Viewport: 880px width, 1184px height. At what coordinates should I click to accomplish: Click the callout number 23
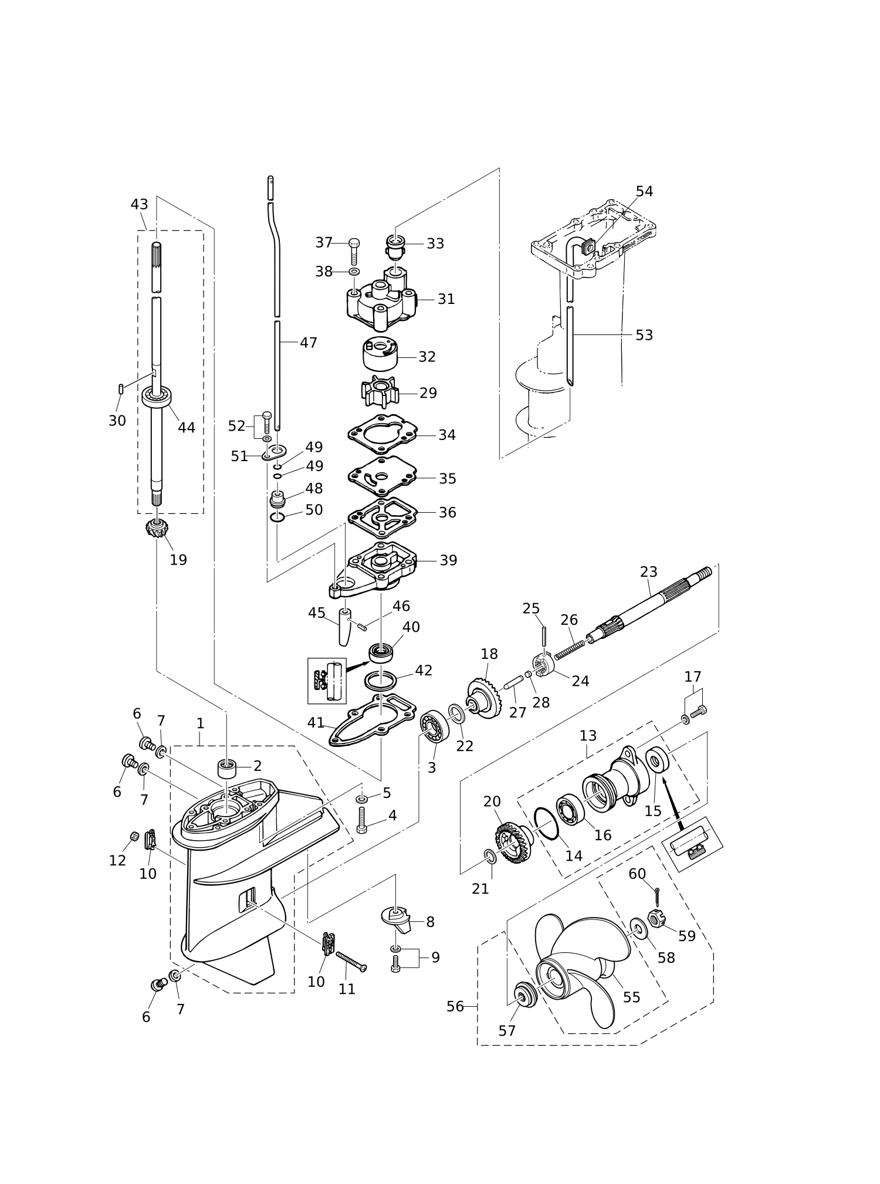pyautogui.click(x=648, y=571)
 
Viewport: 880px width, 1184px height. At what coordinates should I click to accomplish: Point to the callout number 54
pyautogui.click(x=644, y=191)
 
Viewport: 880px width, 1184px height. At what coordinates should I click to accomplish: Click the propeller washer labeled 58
pyautogui.click(x=637, y=928)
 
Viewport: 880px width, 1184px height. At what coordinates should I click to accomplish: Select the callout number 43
pyautogui.click(x=139, y=204)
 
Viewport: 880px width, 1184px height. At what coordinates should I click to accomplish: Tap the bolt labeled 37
pyautogui.click(x=354, y=251)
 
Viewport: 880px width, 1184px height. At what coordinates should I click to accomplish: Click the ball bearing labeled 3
pyautogui.click(x=435, y=728)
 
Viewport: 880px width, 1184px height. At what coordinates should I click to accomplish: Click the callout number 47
pyautogui.click(x=309, y=343)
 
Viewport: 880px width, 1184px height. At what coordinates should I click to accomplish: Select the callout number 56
pyautogui.click(x=455, y=1007)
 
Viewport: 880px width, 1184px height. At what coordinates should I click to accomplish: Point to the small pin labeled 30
pyautogui.click(x=120, y=388)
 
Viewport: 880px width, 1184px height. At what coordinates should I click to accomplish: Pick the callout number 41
pyautogui.click(x=316, y=723)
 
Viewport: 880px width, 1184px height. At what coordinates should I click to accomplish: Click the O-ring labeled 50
pyautogui.click(x=278, y=517)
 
